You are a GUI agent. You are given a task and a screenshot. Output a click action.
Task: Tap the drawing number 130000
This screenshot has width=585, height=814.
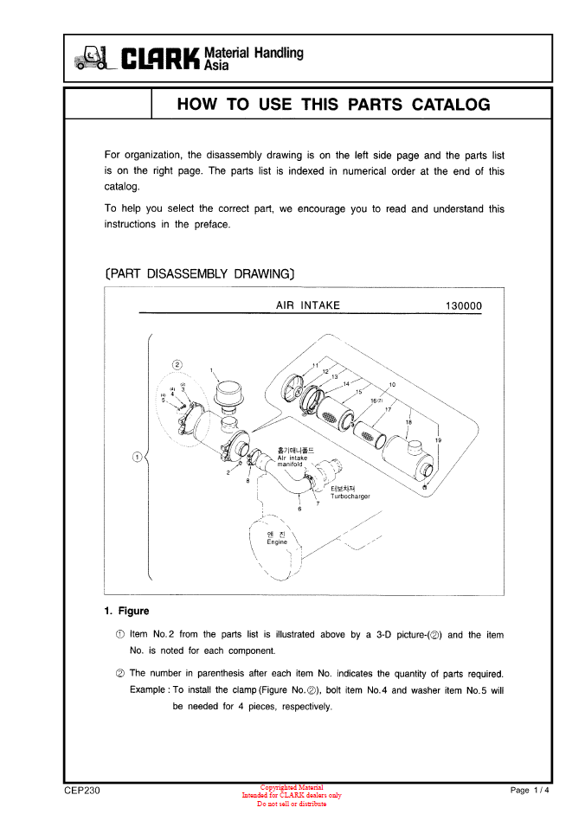[x=464, y=306]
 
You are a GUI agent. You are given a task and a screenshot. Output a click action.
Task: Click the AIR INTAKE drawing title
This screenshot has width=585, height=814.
[x=307, y=305]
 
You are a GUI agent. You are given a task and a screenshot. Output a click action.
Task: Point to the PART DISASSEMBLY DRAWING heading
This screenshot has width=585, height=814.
[x=200, y=274]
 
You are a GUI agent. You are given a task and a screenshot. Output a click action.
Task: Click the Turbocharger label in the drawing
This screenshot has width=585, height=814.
[x=350, y=497]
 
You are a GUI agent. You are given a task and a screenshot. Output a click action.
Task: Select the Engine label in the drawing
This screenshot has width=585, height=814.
[x=276, y=542]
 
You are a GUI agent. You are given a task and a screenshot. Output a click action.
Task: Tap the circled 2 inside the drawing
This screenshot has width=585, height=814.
[x=177, y=365]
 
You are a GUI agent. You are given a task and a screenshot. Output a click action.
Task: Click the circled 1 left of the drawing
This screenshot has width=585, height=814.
[x=136, y=457]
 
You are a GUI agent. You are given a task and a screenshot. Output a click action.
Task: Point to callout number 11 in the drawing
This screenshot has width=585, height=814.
[x=316, y=364]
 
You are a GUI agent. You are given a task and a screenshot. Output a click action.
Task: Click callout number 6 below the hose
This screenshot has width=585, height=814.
[x=299, y=509]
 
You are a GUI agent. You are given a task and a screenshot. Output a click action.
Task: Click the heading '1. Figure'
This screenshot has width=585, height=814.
[x=126, y=611]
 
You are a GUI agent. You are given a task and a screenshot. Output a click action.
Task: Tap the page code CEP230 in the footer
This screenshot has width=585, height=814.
[x=82, y=791]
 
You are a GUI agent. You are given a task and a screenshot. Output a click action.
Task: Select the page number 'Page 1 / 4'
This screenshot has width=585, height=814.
[x=530, y=791]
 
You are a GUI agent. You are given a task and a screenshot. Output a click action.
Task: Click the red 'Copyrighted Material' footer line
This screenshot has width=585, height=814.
[x=292, y=787]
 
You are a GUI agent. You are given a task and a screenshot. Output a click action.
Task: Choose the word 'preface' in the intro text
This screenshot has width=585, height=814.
[x=213, y=225]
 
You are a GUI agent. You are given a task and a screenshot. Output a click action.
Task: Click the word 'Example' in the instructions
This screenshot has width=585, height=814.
[x=149, y=690]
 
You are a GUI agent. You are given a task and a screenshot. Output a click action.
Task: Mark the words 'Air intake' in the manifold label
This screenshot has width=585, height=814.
[x=292, y=458]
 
